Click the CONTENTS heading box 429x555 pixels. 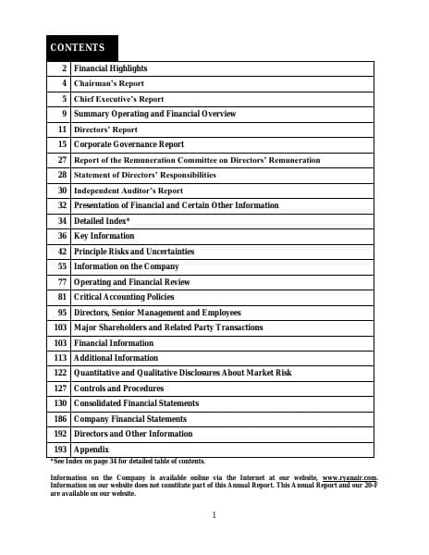click(82, 47)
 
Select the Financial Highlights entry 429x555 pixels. click(110, 68)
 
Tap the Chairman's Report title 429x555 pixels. click(109, 83)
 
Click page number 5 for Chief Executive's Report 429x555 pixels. click(65, 99)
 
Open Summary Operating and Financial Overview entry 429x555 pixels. click(154, 114)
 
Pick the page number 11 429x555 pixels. click(63, 129)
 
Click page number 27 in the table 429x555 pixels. click(62, 160)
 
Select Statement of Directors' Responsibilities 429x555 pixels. click(145, 175)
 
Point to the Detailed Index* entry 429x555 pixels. click(102, 221)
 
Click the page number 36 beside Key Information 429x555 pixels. click(62, 236)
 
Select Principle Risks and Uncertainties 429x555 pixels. click(134, 252)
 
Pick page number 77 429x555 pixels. click(62, 281)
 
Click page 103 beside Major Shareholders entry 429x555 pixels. click(60, 327)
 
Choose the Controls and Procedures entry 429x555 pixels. click(118, 388)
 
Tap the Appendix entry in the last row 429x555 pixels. click(92, 450)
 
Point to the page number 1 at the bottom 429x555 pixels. click(214, 515)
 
